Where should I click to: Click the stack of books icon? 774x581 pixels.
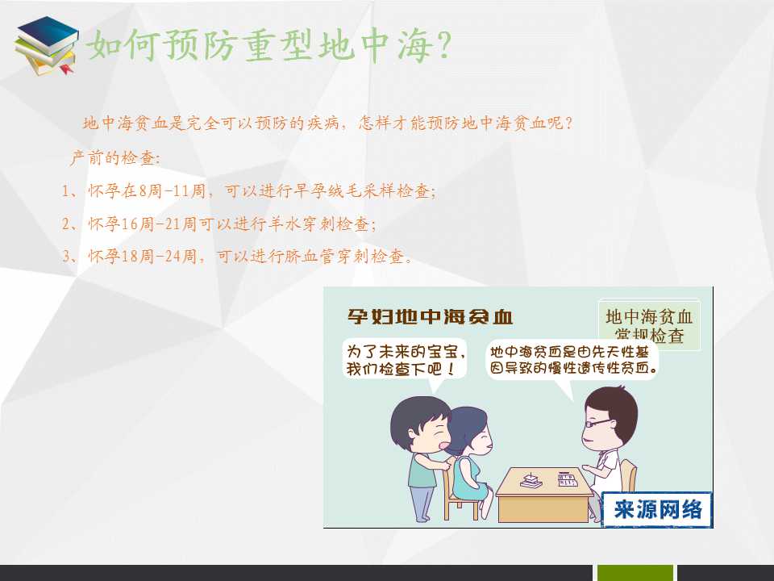pyautogui.click(x=46, y=45)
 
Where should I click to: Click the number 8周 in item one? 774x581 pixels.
pyautogui.click(x=151, y=190)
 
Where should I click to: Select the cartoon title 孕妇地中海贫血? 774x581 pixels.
pyautogui.click(x=430, y=316)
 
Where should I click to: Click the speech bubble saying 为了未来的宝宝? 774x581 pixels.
pyautogui.click(x=405, y=359)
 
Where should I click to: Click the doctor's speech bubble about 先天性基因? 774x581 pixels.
pyautogui.click(x=572, y=360)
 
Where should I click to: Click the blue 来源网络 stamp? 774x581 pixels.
pyautogui.click(x=658, y=509)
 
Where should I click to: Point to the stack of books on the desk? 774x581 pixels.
pyautogui.click(x=531, y=480)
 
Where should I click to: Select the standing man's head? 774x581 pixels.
pyautogui.click(x=421, y=424)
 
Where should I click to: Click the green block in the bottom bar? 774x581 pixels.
pyautogui.click(x=635, y=573)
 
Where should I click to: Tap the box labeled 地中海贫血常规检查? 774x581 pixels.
pyautogui.click(x=649, y=324)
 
